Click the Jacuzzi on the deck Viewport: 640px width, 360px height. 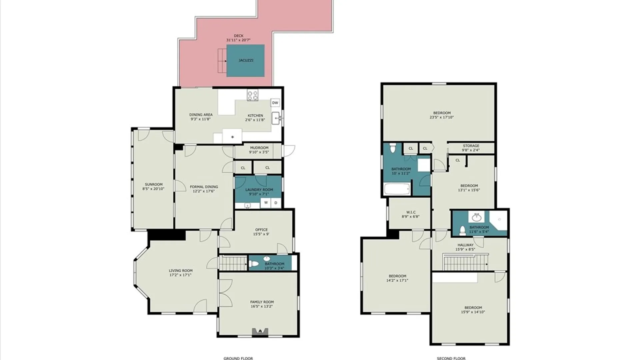pyautogui.click(x=246, y=61)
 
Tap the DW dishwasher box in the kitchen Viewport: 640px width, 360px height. pyautogui.click(x=275, y=103)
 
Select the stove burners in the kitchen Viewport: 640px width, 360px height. pyautogui.click(x=252, y=95)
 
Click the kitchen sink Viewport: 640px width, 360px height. pyautogui.click(x=276, y=118)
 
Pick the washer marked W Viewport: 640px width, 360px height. pyautogui.click(x=266, y=203)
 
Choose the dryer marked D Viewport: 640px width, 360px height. pyautogui.click(x=276, y=203)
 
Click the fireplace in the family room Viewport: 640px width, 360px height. pyautogui.click(x=260, y=331)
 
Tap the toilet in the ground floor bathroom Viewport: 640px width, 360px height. pyautogui.click(x=254, y=264)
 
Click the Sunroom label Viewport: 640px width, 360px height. pyautogui.click(x=154, y=184)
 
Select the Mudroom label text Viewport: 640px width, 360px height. pyautogui.click(x=259, y=148)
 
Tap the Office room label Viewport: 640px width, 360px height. pyautogui.click(x=261, y=230)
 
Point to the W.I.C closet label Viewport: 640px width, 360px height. pyautogui.click(x=411, y=212)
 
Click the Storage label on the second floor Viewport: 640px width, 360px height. pyautogui.click(x=471, y=146)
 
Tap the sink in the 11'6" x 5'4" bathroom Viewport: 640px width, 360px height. pyautogui.click(x=477, y=217)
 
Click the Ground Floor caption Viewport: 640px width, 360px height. pyautogui.click(x=238, y=358)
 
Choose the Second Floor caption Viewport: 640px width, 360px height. pyautogui.click(x=451, y=358)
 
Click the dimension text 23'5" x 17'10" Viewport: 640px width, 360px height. pyautogui.click(x=442, y=117)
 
